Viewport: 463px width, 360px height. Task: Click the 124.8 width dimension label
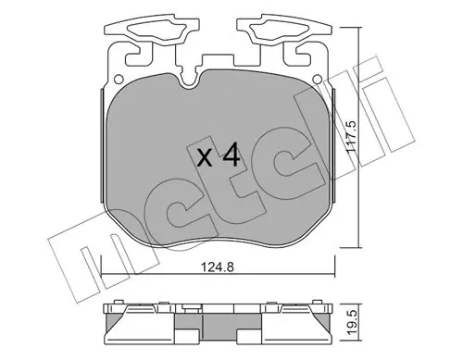click(x=218, y=267)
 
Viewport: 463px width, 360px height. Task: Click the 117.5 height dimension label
click(x=351, y=136)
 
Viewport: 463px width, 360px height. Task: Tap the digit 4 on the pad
click(x=231, y=155)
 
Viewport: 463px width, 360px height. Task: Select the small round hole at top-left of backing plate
click(x=118, y=80)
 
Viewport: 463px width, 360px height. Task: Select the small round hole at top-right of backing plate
click(x=316, y=80)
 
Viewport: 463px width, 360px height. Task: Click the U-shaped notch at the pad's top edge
click(x=189, y=81)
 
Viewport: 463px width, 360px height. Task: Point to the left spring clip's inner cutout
click(x=156, y=31)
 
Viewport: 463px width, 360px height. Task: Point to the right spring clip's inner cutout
click(x=280, y=31)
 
